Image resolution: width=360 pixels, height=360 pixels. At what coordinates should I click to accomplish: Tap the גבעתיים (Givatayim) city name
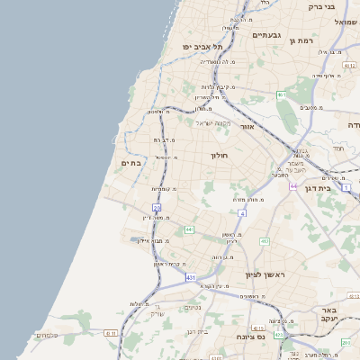coord(267,35)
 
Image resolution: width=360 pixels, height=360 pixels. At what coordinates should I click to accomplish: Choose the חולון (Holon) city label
coord(220,155)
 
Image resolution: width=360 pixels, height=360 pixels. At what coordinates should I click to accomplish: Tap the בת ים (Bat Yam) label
coord(131,163)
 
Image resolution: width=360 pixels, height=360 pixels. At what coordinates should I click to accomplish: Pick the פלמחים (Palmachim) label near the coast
coord(47,335)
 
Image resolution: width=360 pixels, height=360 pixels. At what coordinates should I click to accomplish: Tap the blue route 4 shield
coord(242,213)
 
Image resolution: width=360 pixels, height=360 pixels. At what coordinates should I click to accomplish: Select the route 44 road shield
coord(293,185)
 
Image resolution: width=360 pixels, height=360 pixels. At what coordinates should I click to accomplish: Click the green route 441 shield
coord(190,230)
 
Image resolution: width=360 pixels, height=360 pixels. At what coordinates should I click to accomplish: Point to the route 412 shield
coord(265,241)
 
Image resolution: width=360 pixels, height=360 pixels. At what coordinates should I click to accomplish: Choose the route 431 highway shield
coord(191,278)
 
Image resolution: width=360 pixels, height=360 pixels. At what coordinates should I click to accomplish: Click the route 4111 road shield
coord(111,333)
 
